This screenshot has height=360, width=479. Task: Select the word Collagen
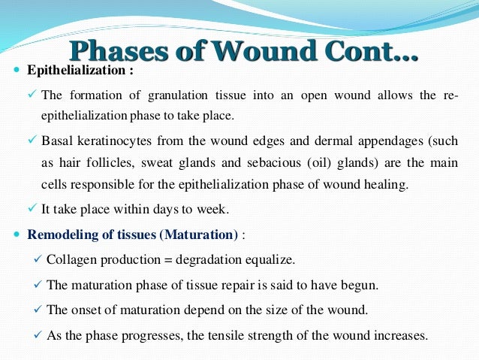point(71,259)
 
